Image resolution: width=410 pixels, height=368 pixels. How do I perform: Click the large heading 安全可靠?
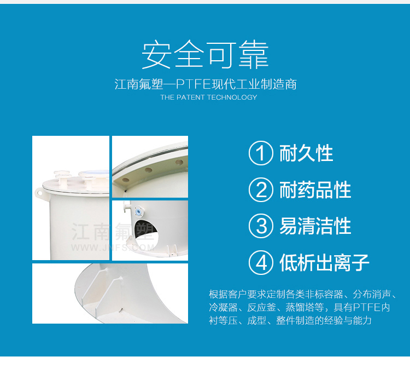(205, 55)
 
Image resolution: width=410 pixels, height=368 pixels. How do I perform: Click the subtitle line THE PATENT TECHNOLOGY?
(209, 97)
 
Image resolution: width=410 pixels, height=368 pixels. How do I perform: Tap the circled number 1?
(261, 153)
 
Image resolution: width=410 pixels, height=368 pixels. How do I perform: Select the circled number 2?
(261, 189)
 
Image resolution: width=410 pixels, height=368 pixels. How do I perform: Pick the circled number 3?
(261, 226)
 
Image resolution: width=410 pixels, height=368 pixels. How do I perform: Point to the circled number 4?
(261, 262)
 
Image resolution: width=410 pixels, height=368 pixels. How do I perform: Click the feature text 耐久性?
(306, 153)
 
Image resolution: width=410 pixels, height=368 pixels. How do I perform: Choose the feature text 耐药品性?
(315, 189)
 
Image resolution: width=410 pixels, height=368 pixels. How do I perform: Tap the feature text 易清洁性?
(315, 226)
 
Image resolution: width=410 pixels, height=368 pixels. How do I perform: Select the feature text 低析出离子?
(324, 262)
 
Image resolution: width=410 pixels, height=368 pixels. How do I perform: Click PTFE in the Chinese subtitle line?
(193, 84)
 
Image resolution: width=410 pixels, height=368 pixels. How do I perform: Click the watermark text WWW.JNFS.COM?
(113, 248)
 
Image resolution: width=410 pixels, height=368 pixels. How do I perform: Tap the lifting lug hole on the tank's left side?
(40, 193)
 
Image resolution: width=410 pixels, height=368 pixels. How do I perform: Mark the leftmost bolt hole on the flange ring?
(126, 180)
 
